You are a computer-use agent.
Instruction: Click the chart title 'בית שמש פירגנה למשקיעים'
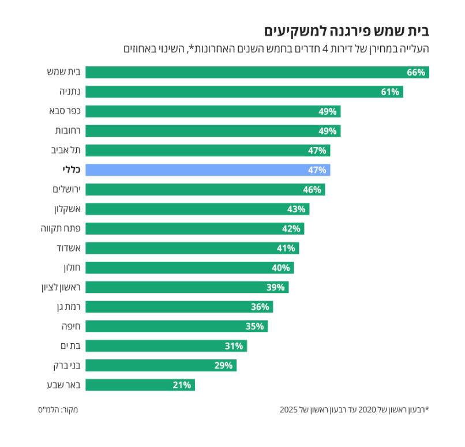[347, 31]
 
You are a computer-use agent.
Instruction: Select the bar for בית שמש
[257, 72]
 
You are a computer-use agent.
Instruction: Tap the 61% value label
[390, 92]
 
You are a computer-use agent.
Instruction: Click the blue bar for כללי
[208, 170]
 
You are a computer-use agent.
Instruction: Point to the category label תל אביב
[65, 151]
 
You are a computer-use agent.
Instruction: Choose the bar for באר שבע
[140, 385]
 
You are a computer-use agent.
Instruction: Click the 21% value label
[182, 385]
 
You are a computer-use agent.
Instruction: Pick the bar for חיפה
[177, 326]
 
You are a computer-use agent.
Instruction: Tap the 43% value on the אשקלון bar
[296, 209]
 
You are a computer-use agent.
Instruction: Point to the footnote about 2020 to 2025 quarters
[354, 410]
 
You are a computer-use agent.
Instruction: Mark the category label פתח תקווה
[58, 229]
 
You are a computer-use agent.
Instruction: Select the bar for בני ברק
[161, 366]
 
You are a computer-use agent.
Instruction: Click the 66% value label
[416, 72]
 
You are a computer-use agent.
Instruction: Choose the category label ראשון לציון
[57, 287]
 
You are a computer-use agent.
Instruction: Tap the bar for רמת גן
[179, 307]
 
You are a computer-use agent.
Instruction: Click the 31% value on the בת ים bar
[234, 346]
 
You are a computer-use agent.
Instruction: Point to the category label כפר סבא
[63, 111]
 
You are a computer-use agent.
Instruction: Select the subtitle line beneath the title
[276, 49]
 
